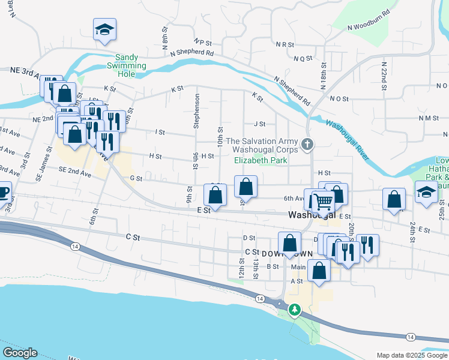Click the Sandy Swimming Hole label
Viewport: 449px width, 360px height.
[127, 65]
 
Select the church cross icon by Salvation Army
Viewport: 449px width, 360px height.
[307, 143]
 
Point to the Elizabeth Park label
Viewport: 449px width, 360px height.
[261, 160]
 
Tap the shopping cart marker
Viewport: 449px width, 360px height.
[322, 202]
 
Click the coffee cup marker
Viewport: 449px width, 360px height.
[3, 193]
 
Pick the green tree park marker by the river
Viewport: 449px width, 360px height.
[294, 310]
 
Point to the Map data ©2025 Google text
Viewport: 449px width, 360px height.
[412, 355]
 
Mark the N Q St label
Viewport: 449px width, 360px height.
[303, 58]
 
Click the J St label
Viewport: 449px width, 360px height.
[259, 124]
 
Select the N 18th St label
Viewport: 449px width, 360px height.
[324, 73]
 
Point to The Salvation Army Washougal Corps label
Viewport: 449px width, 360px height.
[262, 144]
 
